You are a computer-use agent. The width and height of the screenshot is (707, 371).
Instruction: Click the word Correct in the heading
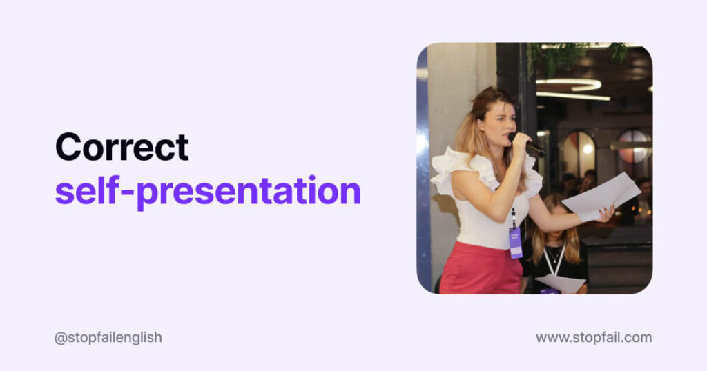pyautogui.click(x=122, y=147)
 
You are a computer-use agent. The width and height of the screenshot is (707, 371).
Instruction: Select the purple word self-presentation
pyautogui.click(x=208, y=191)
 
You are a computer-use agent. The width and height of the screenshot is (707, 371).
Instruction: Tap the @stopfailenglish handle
pyautogui.click(x=108, y=338)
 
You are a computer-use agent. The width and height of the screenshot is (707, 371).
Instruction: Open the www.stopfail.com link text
pyautogui.click(x=594, y=338)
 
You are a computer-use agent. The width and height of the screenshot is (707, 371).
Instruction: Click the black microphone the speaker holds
pyautogui.click(x=527, y=144)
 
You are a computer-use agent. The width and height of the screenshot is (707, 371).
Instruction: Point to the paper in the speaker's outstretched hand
pyautogui.click(x=601, y=197)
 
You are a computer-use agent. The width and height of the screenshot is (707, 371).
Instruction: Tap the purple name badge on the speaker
pyautogui.click(x=515, y=243)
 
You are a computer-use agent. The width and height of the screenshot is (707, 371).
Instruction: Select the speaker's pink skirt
pyautogui.click(x=481, y=268)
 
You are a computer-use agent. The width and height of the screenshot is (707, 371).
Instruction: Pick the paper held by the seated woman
pyautogui.click(x=561, y=283)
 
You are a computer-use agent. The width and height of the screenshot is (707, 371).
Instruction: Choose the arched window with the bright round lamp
pyautogui.click(x=579, y=154)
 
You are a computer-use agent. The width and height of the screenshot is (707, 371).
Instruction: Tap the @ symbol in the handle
pyautogui.click(x=61, y=338)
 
